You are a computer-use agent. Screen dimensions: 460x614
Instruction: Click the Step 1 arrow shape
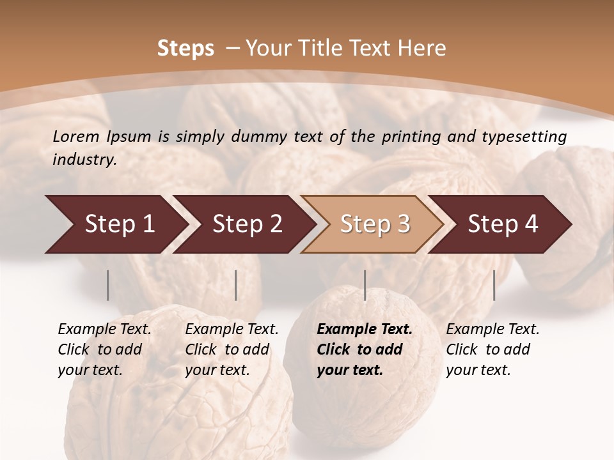115,224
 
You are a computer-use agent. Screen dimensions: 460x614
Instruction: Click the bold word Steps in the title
185,49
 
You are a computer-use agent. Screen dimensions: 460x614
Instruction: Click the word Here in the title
421,49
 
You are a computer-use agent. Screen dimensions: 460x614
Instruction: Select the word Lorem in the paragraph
76,137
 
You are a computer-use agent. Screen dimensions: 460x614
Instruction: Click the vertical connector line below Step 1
108,285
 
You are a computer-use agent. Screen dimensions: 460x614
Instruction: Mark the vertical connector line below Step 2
236,285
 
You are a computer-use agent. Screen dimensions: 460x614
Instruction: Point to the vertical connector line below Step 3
365,285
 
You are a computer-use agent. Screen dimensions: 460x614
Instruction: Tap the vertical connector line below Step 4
494,285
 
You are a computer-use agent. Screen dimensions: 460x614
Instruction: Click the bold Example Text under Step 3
365,330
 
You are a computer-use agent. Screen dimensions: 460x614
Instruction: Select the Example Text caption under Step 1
104,330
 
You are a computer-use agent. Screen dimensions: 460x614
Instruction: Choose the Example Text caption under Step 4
492,330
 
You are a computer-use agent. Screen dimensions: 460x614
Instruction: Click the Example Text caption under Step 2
232,330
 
